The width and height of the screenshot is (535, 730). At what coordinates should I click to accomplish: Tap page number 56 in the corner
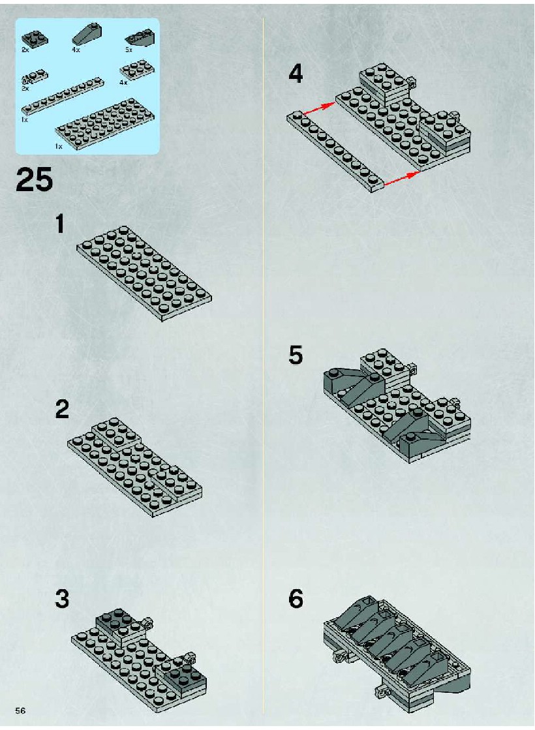click(x=20, y=710)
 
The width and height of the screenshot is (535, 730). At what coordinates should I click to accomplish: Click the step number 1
click(x=59, y=224)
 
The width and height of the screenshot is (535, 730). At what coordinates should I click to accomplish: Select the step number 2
click(x=62, y=409)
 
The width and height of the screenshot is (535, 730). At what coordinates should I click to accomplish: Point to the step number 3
click(x=62, y=599)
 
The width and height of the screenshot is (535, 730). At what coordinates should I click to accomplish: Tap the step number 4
click(x=296, y=74)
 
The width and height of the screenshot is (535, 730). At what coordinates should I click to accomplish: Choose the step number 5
click(x=296, y=356)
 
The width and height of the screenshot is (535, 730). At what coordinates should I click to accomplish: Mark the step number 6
click(x=296, y=599)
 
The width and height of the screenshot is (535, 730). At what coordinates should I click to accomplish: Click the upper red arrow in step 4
click(x=320, y=108)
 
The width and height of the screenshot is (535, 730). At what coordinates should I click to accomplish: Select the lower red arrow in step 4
click(x=401, y=179)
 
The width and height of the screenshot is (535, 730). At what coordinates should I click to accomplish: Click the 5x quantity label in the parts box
click(x=129, y=50)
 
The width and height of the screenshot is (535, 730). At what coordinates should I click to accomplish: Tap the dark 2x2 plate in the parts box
click(x=35, y=38)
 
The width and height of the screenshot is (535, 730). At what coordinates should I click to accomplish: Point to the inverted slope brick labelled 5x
click(x=140, y=38)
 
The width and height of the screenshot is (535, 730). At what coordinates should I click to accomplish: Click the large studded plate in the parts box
click(x=105, y=122)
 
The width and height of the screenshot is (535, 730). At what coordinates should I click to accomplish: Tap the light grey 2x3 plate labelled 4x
click(x=138, y=70)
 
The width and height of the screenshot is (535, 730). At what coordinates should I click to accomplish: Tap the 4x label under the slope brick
click(x=76, y=50)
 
